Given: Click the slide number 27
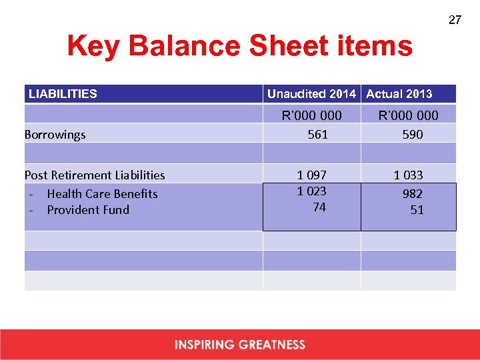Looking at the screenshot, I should coord(455,20).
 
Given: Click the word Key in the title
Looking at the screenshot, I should coord(94,47).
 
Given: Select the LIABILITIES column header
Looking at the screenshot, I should coord(63,94).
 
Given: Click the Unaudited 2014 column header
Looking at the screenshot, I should coord(311,94).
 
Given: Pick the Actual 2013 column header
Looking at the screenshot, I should coord(399,94).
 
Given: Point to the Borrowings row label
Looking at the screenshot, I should coord(55,135).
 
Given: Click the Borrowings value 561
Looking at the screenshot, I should coord(317,135).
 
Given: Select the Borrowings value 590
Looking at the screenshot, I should coord(413,135).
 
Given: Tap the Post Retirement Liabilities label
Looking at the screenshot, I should coord(95,175).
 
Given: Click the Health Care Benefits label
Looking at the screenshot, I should coord(102,194).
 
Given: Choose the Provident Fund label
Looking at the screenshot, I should coord(88,210).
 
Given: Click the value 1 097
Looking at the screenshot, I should coord(312,175).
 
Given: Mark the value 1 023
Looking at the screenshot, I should coord(312,191).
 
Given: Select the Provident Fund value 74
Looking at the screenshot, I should coord(319,207).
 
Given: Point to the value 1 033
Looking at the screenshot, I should coord(408,175).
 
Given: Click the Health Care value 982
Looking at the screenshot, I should coord(412,194).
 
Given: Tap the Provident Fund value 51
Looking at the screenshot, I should coord(417,210).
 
